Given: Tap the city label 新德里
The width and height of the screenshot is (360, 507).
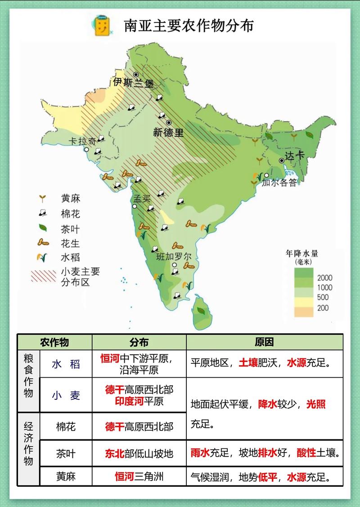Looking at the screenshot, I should click(168, 133).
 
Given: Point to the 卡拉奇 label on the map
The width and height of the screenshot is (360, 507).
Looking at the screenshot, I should click(82, 141).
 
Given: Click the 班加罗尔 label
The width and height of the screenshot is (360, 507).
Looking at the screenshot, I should click(174, 257).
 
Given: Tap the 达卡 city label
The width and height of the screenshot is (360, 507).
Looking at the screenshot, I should click(296, 155).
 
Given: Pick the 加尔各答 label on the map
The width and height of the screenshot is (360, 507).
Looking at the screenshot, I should click(279, 183).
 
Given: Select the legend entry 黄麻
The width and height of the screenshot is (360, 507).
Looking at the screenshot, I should click(70, 199).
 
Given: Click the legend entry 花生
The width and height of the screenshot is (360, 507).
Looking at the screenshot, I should click(70, 243).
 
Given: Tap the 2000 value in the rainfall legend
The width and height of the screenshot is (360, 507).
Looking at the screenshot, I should click(324, 277).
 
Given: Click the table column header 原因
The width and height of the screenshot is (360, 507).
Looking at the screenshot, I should click(264, 342).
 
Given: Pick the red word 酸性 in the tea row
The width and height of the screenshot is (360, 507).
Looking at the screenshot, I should click(306, 453).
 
